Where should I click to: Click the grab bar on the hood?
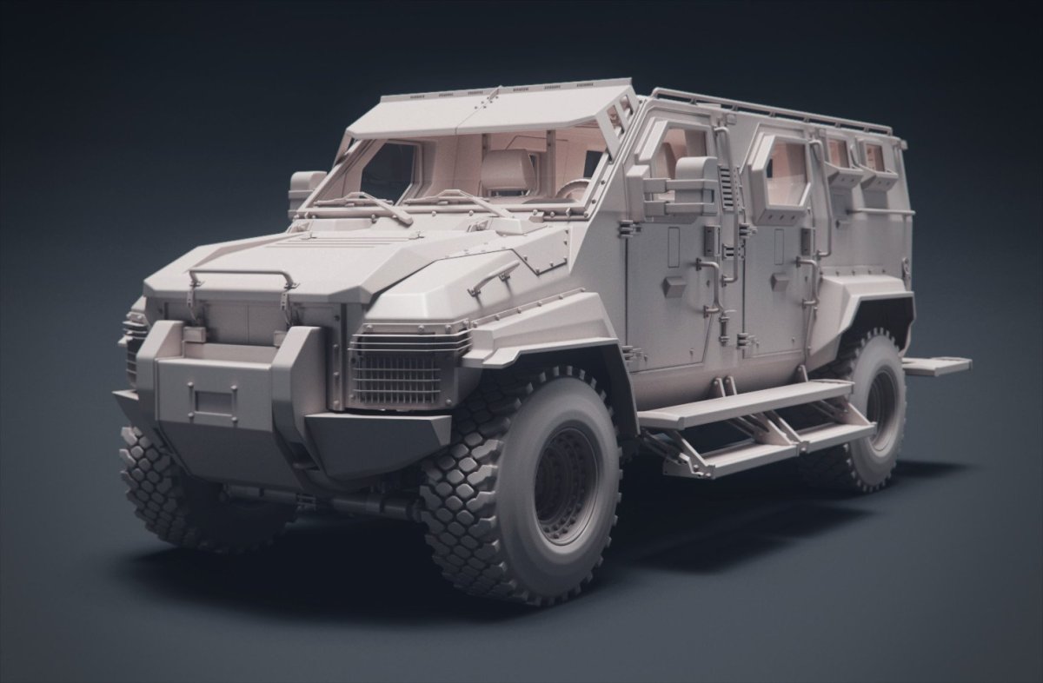(x=241, y=276)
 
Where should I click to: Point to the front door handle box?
(x=673, y=286)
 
